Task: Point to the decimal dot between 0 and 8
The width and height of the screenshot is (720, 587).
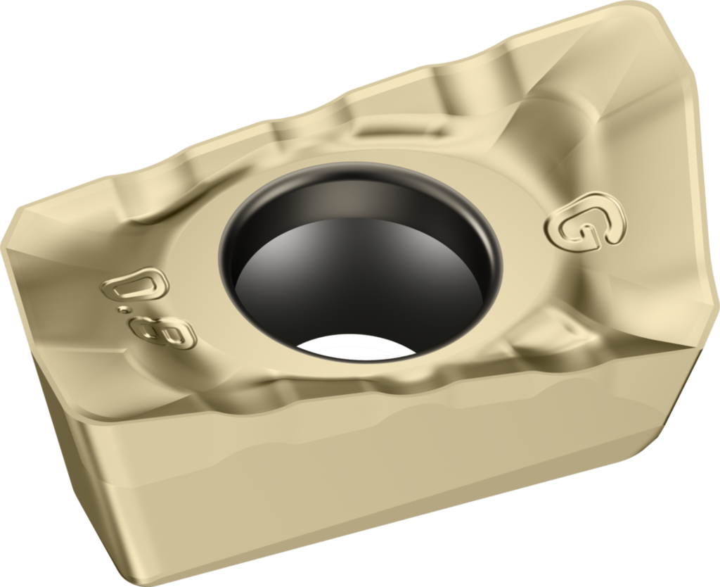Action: point(123,311)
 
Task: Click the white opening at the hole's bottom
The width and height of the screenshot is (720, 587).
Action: point(356,346)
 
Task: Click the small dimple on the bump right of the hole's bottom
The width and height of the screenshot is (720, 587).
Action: point(572,328)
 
